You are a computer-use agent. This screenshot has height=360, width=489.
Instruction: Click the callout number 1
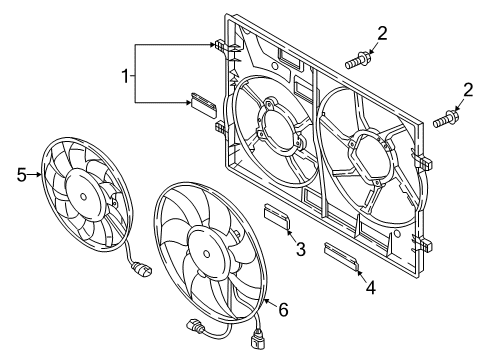125,76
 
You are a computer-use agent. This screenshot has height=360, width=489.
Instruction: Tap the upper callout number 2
382,34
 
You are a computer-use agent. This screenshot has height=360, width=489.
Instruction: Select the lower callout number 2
468,90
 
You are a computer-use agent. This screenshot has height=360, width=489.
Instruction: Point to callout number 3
301,249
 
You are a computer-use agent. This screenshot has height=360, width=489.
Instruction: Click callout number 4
371,287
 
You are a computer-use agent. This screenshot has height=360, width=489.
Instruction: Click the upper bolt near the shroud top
358,60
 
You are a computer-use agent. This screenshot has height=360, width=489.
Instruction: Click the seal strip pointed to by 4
341,256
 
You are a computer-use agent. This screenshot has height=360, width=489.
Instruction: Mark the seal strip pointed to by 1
203,105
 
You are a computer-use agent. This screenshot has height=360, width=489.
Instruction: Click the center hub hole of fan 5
83,197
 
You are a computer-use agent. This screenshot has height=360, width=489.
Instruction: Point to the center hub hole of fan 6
207,254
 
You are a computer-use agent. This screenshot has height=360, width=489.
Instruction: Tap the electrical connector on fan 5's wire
142,269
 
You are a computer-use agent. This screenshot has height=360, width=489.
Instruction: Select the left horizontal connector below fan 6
195,326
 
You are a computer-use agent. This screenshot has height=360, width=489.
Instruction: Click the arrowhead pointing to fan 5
39,175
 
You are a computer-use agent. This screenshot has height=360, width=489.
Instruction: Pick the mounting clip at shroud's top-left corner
220,45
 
